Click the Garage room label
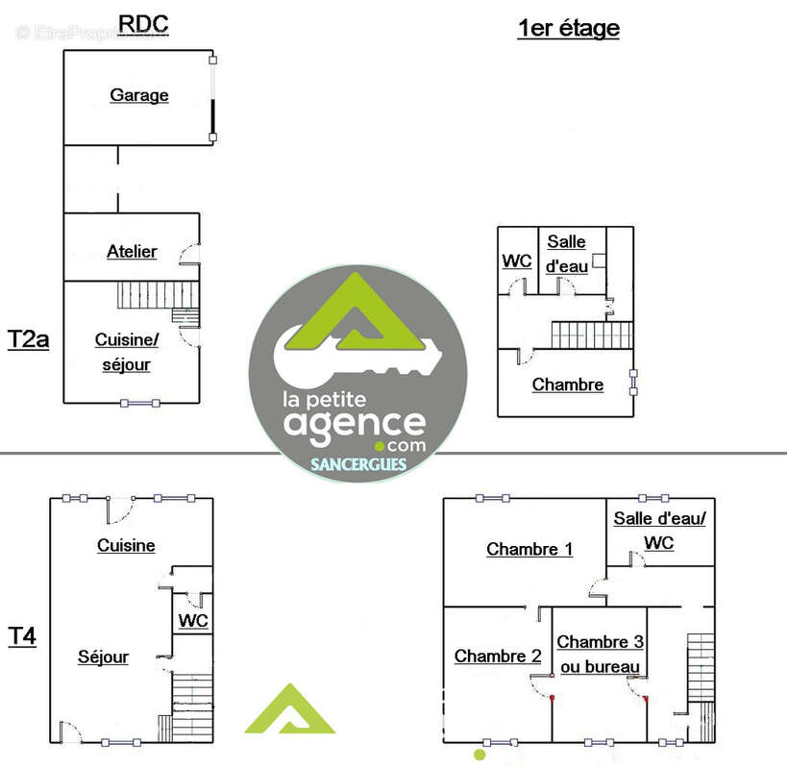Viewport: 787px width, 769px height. [x=139, y=95]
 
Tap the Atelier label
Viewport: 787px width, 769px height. [x=132, y=251]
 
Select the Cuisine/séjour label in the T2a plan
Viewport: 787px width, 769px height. [x=127, y=352]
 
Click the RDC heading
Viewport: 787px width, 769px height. [x=143, y=24]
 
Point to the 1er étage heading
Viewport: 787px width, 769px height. [x=568, y=28]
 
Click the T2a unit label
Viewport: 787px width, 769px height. [x=28, y=339]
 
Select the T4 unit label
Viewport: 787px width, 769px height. [x=22, y=636]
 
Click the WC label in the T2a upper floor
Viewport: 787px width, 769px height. [x=516, y=260]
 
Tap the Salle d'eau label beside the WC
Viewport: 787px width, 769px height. [x=567, y=254]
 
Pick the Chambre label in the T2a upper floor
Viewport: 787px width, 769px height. [x=568, y=384]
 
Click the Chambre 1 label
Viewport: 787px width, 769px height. [x=529, y=549]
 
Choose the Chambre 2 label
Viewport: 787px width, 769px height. [x=498, y=656]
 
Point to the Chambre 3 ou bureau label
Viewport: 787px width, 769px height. [x=601, y=654]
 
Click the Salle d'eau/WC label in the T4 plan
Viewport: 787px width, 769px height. [x=659, y=531]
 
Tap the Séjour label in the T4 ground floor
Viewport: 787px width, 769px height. [x=104, y=657]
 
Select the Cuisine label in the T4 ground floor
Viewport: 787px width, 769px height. [x=126, y=545]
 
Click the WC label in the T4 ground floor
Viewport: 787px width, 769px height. [x=193, y=620]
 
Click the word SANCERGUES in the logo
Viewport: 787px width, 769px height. [x=358, y=464]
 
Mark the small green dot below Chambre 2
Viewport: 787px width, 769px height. [x=480, y=755]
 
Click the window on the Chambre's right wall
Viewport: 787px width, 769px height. [x=633, y=383]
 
